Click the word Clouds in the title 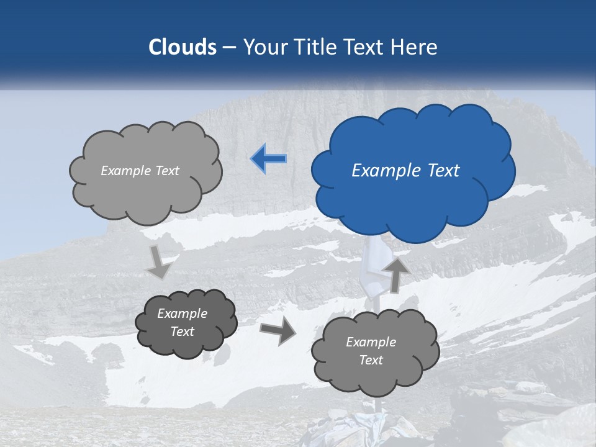coord(183,47)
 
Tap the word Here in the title coord(415,47)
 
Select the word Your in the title coord(265,47)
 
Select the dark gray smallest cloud coord(186,345)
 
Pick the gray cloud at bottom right coord(376,379)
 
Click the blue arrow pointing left coord(269,159)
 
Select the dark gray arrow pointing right coord(278,330)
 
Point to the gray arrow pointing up coord(395,274)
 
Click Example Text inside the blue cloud coord(405,171)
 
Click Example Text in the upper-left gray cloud coord(140,171)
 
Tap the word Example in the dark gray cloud coord(182,314)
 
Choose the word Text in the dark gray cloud coord(182,332)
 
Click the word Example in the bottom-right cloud coord(371,342)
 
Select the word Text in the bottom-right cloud coord(371,360)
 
